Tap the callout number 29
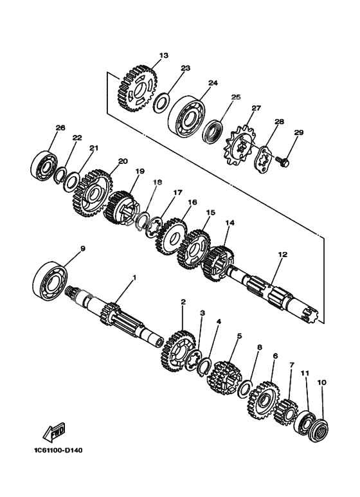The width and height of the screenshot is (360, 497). (299, 132)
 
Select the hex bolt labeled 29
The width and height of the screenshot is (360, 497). (282, 161)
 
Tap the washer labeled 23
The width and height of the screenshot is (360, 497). (161, 102)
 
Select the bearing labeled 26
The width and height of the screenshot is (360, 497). (44, 166)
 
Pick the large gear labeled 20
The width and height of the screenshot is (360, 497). (93, 193)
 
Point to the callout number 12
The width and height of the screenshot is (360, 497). (283, 254)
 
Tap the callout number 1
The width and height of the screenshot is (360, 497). (134, 278)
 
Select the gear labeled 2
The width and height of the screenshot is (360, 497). (178, 351)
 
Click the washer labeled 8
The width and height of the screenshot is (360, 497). (245, 388)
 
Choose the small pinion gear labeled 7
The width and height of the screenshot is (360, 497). (285, 411)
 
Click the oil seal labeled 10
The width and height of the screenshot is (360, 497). (318, 430)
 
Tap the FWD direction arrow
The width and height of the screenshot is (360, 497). (54, 433)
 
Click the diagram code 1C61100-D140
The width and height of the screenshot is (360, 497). (59, 450)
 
